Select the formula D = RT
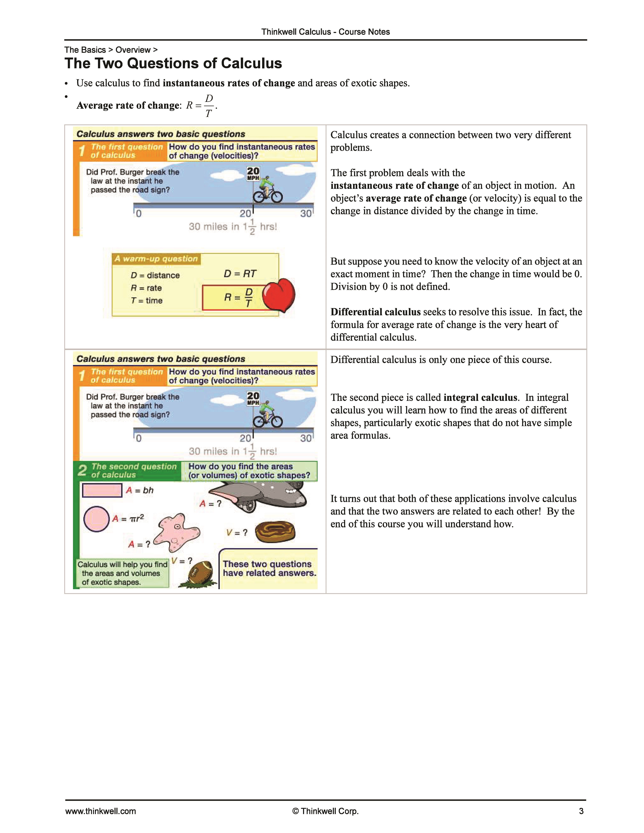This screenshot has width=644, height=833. pyautogui.click(x=240, y=273)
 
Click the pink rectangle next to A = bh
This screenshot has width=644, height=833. pyautogui.click(x=102, y=490)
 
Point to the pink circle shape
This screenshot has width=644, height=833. pyautogui.click(x=96, y=519)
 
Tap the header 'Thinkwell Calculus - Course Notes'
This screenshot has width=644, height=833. pyautogui.click(x=325, y=32)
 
